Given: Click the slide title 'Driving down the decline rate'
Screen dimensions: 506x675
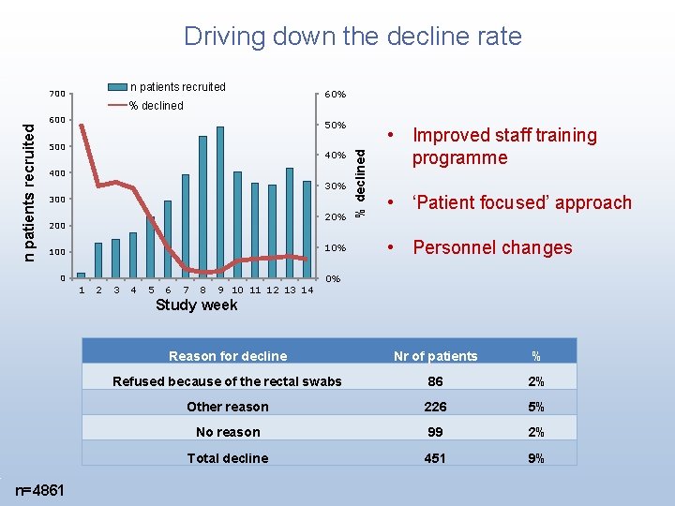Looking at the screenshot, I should pos(352,37).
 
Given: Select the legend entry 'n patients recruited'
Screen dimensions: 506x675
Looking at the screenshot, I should pos(177,87).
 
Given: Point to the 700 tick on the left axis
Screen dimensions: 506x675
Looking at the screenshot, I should pos(57,94).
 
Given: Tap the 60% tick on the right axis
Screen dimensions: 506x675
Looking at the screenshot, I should pos(335,95).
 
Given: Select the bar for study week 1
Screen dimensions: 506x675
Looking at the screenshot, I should pos(81,275).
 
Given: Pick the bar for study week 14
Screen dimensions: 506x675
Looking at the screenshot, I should pos(307,229).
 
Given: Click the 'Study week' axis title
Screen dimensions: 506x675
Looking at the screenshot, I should pos(196,305).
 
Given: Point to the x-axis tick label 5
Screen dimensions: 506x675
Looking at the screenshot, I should pos(151,290).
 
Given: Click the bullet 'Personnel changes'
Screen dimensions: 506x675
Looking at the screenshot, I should pos(492,247).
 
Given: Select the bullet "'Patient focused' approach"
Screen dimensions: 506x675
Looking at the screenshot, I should pos(521,202).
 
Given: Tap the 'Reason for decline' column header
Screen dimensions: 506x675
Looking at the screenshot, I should pos(228,356).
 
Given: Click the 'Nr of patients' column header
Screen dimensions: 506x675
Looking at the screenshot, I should pos(435,356).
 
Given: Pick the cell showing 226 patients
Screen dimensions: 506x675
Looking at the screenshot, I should pos(435,407).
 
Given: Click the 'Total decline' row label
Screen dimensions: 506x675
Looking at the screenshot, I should pos(228,458).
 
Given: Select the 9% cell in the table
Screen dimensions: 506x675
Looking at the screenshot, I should pos(535,458).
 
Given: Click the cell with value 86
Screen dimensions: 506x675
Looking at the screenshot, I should pos(435,381).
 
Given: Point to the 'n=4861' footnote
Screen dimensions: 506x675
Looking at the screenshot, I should pos(40,490).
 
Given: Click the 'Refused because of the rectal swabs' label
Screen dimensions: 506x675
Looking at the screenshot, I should pos(228,381).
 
